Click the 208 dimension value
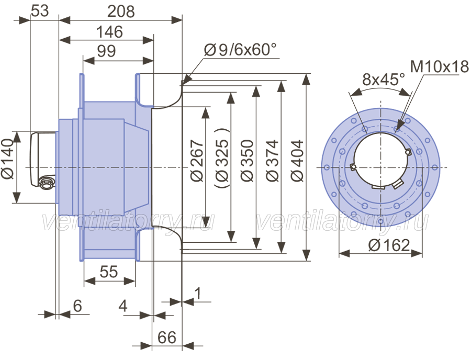point(121,12)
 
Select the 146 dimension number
point(110,32)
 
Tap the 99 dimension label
point(106,51)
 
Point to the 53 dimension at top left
point(40,11)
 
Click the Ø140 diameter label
point(7,159)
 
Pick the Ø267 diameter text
point(197,161)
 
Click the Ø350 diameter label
point(248,161)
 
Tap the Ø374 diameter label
point(273,161)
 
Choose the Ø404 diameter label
point(298,161)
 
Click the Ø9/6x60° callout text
point(240,50)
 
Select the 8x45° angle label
point(384,79)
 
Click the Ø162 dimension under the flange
point(389,245)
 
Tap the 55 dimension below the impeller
point(109,272)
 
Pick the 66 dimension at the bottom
point(167,337)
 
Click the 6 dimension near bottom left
point(77,306)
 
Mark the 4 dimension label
point(123,306)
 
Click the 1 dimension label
point(198,294)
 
